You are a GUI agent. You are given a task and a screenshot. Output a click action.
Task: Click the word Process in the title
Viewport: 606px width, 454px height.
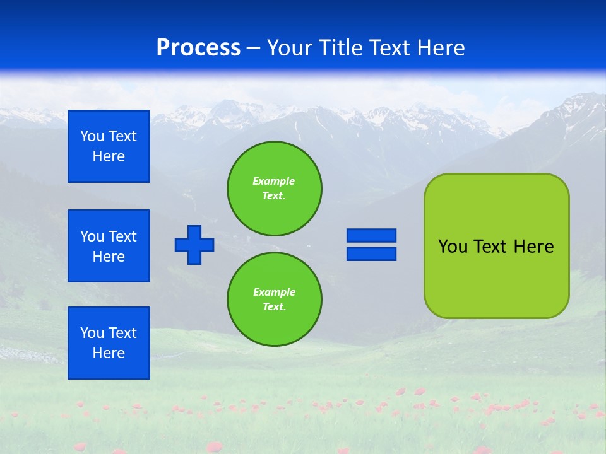198,47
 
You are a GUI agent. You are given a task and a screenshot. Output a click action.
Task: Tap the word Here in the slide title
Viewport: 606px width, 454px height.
439,47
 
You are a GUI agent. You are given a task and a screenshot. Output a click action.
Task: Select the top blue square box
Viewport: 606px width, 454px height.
109,146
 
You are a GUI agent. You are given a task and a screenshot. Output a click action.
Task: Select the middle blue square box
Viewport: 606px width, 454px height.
109,246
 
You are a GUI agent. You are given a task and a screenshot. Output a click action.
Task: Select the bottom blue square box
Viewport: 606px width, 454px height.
109,343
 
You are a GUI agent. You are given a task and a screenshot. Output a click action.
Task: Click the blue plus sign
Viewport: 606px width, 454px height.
194,245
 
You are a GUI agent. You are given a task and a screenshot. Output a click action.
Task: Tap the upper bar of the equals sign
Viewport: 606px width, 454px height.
371,236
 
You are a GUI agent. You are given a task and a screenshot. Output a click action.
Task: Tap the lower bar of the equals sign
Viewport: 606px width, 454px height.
371,254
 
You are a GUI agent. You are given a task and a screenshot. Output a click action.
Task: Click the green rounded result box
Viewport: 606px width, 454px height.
496,277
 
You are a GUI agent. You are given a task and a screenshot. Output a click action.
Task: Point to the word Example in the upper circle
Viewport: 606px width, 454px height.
274,181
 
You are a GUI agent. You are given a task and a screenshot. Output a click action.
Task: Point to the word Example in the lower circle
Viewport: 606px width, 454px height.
274,292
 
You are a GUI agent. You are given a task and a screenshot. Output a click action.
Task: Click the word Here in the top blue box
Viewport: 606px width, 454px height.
109,156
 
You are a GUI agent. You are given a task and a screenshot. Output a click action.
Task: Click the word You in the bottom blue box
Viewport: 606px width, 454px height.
92,333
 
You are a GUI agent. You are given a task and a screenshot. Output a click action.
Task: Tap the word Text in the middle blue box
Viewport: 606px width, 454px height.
122,236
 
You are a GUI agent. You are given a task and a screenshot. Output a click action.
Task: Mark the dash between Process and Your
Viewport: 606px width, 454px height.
253,48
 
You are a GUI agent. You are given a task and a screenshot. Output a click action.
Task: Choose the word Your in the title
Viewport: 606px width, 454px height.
291,48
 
